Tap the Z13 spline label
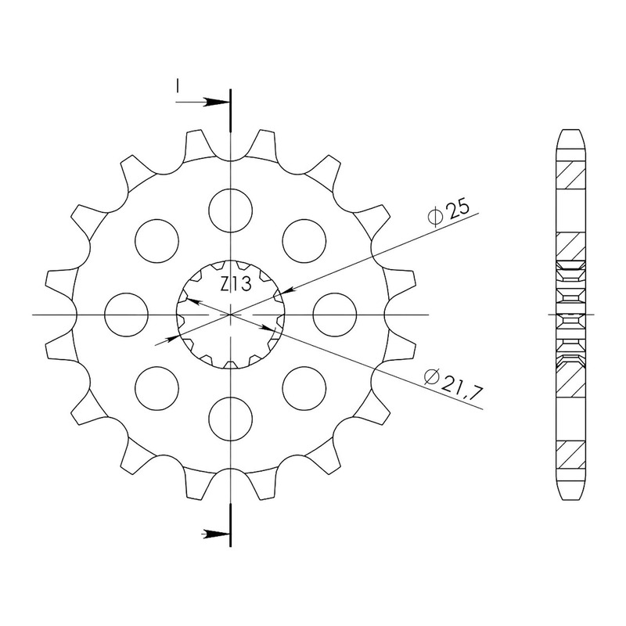coord(236,284)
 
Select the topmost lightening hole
coord(231,210)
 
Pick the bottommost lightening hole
coord(231,419)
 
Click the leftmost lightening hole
coord(126,315)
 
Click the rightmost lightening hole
coord(335,315)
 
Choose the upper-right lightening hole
coord(304,241)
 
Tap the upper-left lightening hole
coord(157,241)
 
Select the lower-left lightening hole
coord(157,388)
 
